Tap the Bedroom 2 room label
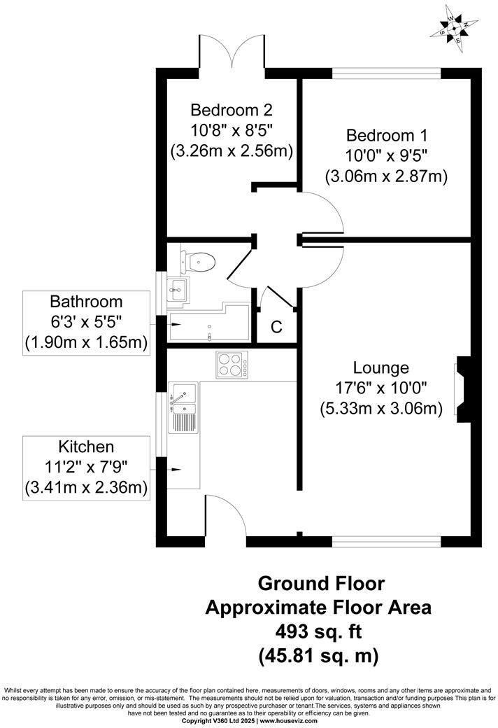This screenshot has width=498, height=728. point(232,110)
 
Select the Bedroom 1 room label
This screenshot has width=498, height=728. point(387,134)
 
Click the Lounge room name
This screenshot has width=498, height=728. point(380,367)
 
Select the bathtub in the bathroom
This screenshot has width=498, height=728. point(208,325)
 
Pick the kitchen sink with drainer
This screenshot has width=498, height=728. point(183,408)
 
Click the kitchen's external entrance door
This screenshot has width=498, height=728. point(225,517)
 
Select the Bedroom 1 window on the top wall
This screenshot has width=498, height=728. point(386,72)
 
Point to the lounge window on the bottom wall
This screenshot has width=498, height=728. point(386,541)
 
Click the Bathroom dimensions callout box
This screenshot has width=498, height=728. point(86,323)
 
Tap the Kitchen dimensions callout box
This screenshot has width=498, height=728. point(86,467)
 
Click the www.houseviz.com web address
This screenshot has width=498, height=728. point(287,720)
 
